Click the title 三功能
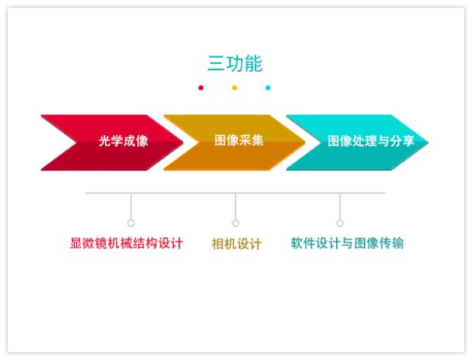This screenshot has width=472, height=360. [235, 63]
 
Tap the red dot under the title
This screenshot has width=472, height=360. [201, 87]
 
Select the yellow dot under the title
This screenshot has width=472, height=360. [235, 87]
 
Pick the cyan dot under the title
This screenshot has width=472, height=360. [268, 87]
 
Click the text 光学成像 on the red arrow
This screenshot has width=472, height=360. [124, 141]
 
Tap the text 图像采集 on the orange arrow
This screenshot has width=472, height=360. [239, 140]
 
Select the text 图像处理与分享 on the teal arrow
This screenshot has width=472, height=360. [371, 141]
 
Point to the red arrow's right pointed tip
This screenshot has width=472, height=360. [183, 142]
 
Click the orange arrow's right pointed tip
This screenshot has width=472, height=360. [306, 142]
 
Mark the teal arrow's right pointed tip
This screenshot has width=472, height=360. [429, 142]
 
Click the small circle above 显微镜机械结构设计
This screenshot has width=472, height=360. [131, 222]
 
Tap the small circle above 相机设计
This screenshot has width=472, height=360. [236, 222]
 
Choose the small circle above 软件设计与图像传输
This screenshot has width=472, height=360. [340, 222]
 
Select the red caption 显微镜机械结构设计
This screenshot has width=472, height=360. [126, 243]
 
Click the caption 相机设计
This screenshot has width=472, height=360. [236, 243]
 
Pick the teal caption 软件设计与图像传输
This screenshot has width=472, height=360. [347, 243]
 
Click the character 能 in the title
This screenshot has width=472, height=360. [253, 63]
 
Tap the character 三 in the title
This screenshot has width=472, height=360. [216, 64]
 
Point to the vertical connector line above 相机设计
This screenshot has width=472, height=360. [236, 206]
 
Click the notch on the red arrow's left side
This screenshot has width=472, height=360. [76, 142]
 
